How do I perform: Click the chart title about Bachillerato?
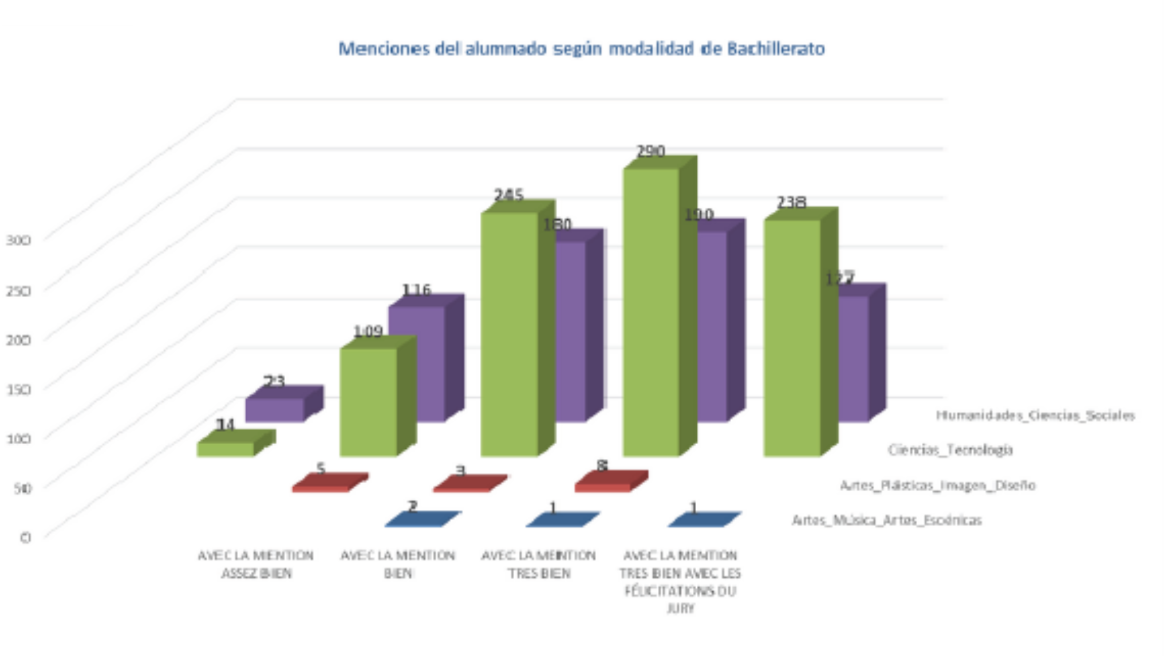pos(581,49)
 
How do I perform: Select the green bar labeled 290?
pos(652,312)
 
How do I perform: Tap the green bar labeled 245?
pos(509,334)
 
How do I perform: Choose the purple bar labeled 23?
pos(275,409)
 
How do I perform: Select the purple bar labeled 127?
pos(853,358)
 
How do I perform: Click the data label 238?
pos(791,203)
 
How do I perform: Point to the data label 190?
pos(699,215)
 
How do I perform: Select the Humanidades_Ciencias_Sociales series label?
pos(1035,416)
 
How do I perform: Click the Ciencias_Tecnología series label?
pos(950,450)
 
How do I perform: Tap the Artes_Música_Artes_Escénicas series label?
pos(886,520)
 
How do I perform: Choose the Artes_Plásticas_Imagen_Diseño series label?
pos(937,486)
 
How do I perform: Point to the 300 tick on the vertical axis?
pos(18,240)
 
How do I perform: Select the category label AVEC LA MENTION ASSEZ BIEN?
pos(255,564)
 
